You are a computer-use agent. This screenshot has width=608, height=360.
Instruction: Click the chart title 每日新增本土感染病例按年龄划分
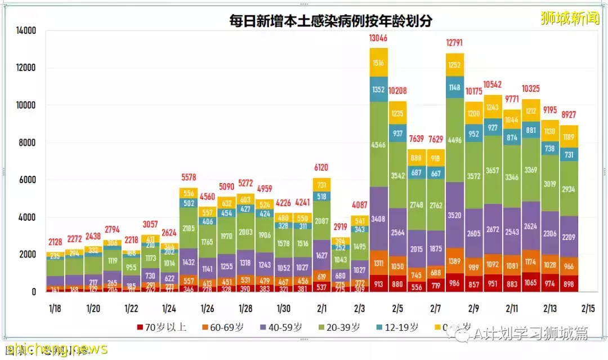point(331,21)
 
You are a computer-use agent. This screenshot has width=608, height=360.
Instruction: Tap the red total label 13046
point(379,38)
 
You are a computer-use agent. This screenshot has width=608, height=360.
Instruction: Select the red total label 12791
point(455,43)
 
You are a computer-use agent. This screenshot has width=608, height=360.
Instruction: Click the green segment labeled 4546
point(379,144)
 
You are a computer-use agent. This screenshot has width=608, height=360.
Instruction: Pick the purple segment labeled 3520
point(455,215)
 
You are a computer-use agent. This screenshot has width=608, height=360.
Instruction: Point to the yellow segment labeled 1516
point(379,63)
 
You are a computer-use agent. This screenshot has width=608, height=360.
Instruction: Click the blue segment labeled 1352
point(379,89)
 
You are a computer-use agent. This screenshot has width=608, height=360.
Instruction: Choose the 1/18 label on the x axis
point(55,308)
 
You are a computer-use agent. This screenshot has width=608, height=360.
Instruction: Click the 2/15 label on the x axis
point(588,308)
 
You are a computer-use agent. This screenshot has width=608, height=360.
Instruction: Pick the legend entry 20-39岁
point(339,327)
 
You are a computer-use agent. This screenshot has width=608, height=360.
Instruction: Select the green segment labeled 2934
point(569,189)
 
